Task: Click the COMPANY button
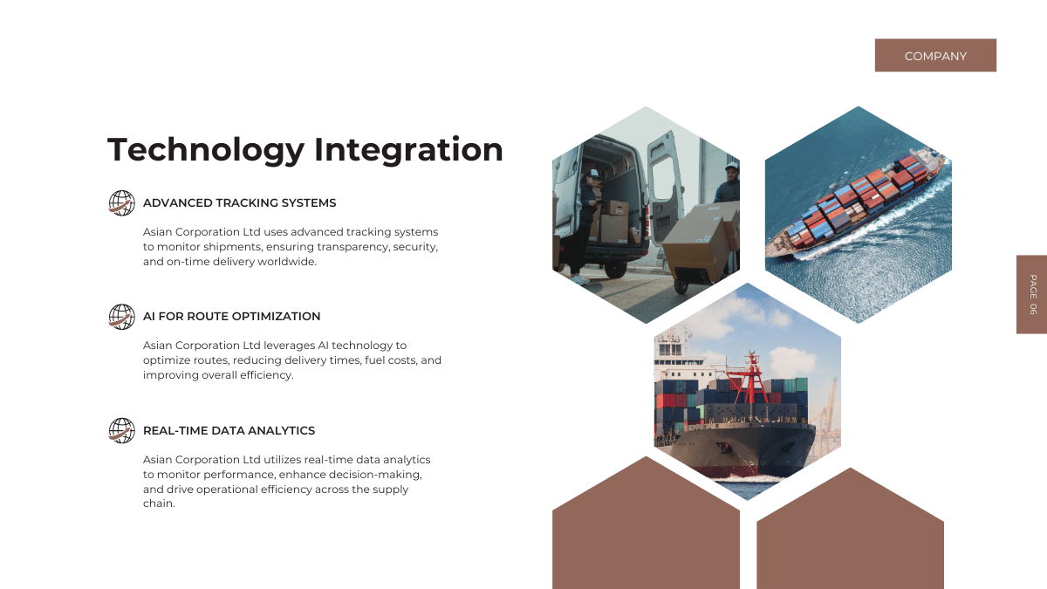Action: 935,55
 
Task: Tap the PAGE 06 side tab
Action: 1031,294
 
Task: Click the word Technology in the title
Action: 206,150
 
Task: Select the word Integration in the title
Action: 408,150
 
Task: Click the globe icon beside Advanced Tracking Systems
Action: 121,202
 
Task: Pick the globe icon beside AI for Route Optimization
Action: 121,317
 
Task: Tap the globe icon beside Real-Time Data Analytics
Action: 121,430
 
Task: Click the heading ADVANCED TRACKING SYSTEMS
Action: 239,202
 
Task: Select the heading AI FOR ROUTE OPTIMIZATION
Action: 231,317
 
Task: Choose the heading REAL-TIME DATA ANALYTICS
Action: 229,430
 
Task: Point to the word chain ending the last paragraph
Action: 159,503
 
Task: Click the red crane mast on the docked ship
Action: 751,378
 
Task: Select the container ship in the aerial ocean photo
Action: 856,202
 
